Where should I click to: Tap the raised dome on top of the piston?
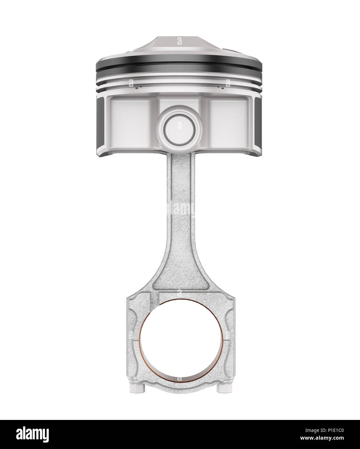[x=179, y=45]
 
